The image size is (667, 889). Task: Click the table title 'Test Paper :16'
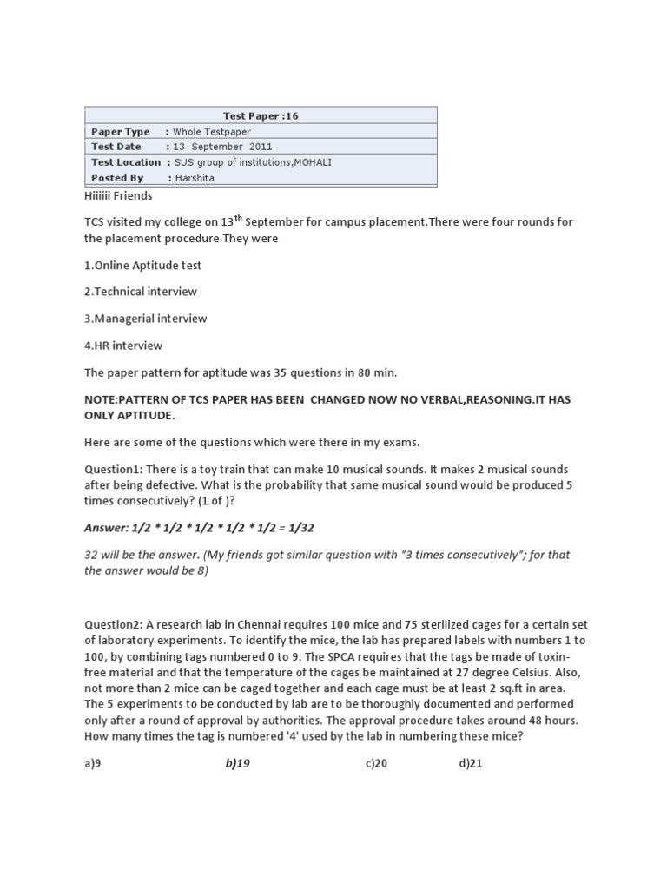click(x=261, y=115)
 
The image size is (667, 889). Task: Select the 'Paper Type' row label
click(x=121, y=131)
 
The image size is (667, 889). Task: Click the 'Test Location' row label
click(x=126, y=162)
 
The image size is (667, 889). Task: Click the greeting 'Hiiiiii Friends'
click(x=118, y=196)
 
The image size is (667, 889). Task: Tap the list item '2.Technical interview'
click(x=141, y=292)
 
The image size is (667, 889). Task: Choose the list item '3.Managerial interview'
click(x=146, y=319)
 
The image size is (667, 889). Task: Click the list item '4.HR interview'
click(x=123, y=346)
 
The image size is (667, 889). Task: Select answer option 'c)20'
click(x=376, y=763)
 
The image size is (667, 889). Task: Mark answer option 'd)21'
click(x=470, y=763)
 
